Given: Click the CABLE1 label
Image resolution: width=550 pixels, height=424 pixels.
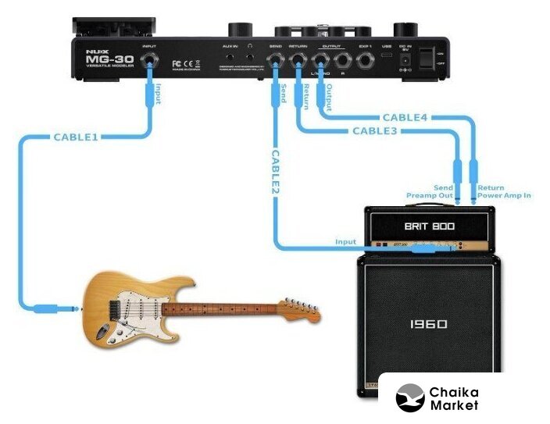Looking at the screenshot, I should point(76,137).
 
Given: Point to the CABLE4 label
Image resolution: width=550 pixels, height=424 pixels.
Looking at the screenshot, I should point(405,118).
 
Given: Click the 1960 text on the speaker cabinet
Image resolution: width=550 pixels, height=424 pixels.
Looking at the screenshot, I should point(427,323).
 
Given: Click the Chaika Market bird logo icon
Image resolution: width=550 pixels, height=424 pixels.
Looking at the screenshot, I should point(410,398).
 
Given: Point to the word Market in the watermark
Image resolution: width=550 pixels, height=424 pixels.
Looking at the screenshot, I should point(454,405).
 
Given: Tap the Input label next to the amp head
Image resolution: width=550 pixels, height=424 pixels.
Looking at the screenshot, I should point(345,242).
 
